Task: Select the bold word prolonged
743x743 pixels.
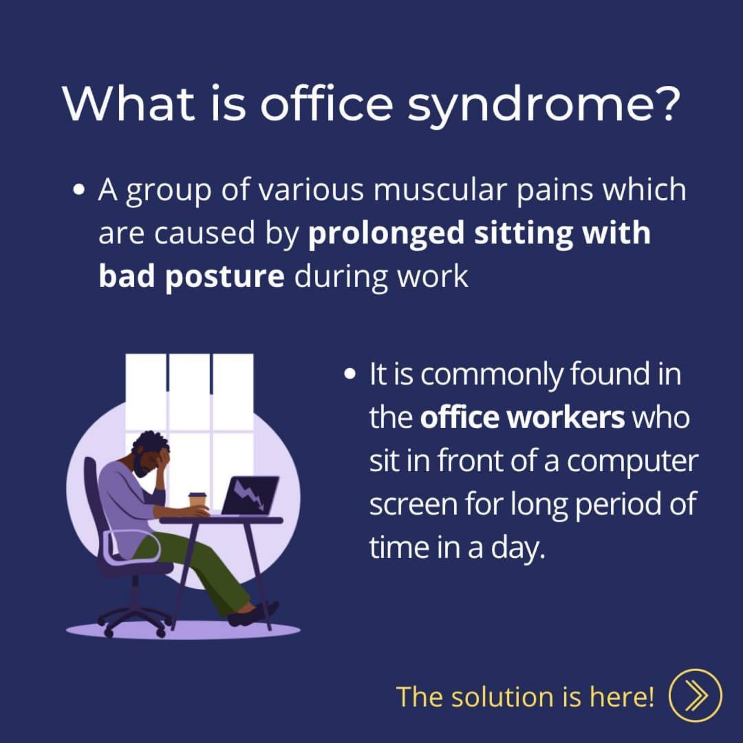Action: point(386,234)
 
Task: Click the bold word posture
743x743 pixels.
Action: point(225,277)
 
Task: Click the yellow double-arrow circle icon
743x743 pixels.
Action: point(695,696)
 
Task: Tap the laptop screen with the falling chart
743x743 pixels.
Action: point(251,495)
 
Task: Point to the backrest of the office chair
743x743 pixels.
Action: point(95,502)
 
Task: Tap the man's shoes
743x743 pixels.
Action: point(254,613)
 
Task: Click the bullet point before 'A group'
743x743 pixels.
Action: point(79,190)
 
